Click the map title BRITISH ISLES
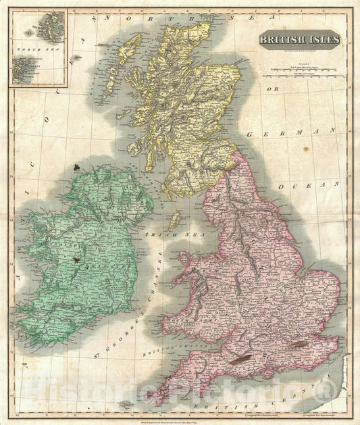[x=301, y=39]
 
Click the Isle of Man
[x=174, y=219]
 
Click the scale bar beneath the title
[x=301, y=68]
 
